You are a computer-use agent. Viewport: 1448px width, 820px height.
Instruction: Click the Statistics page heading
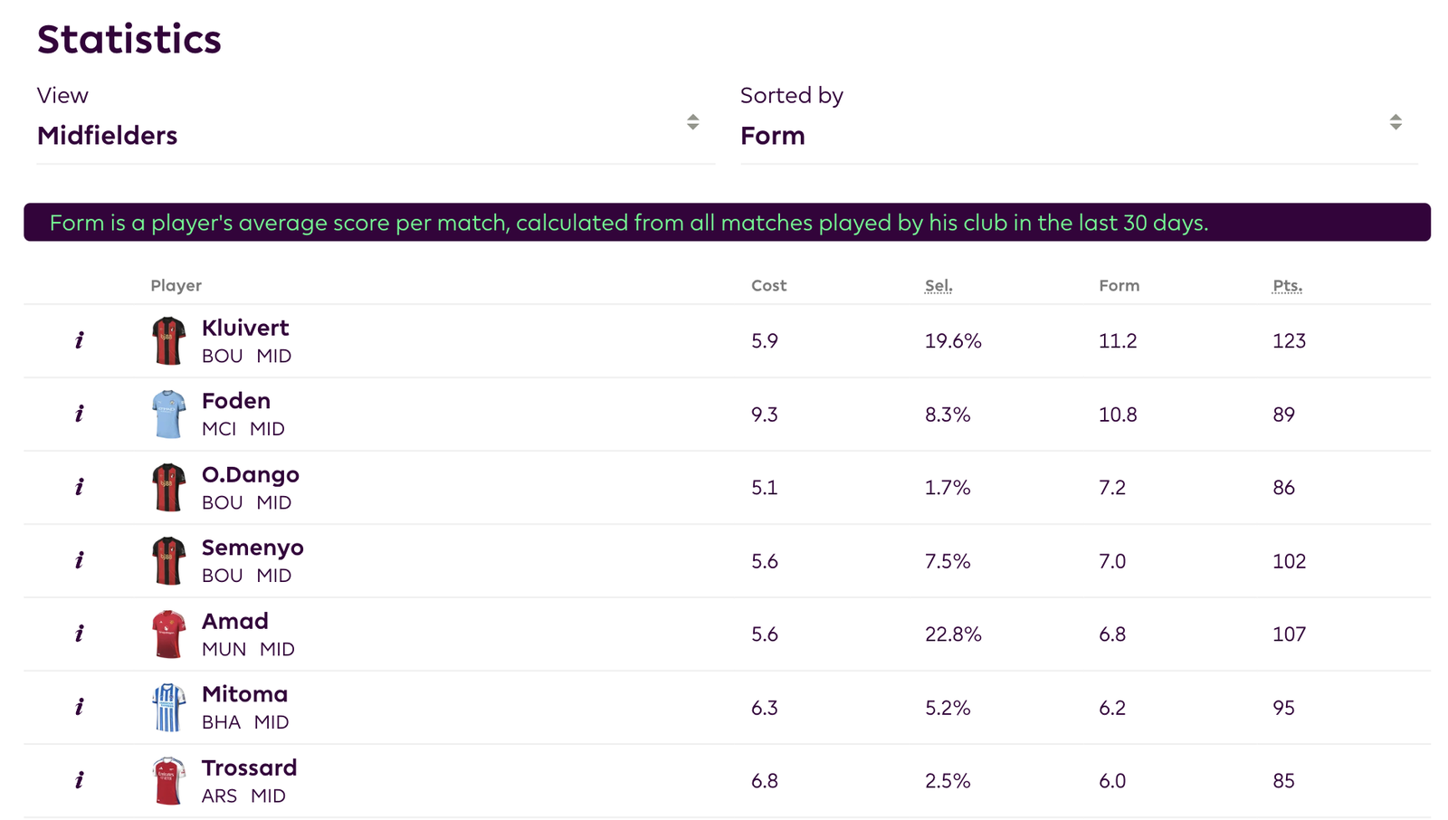(x=129, y=40)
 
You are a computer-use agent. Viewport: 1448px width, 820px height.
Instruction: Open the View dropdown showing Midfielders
(x=375, y=135)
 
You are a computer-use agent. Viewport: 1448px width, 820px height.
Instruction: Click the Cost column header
(x=768, y=285)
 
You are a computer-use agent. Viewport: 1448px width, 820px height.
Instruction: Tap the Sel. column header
(x=938, y=285)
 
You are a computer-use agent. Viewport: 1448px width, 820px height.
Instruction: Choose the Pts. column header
(x=1287, y=285)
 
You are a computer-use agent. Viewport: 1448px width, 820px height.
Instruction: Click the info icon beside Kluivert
(x=80, y=340)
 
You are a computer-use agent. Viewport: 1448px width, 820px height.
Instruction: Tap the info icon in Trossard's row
(x=80, y=780)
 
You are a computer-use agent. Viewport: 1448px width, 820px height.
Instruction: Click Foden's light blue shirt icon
(x=168, y=415)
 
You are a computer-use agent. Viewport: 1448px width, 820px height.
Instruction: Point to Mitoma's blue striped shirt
(x=168, y=708)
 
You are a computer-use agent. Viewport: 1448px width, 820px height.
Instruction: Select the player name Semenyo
(x=252, y=548)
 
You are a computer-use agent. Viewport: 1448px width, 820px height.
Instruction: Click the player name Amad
(x=234, y=621)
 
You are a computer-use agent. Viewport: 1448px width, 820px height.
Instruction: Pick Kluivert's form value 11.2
(x=1118, y=341)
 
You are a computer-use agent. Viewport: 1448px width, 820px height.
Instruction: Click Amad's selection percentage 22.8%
(x=953, y=634)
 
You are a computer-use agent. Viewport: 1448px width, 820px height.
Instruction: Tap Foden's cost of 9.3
(x=764, y=415)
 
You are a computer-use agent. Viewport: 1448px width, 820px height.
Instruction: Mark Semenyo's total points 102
(x=1289, y=561)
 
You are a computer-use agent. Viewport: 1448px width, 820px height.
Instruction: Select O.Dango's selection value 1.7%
(x=948, y=488)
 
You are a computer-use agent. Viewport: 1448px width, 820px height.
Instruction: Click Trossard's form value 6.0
(x=1112, y=781)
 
